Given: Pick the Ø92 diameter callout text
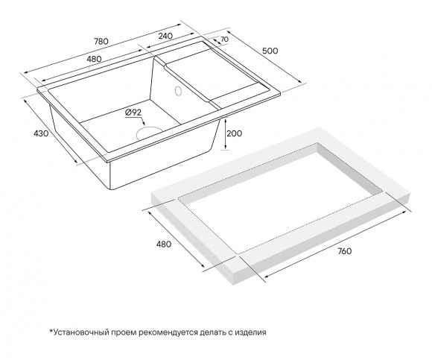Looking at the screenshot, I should (x=134, y=112).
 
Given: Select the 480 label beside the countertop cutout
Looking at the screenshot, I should (x=164, y=244).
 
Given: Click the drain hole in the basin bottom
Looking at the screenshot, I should (x=150, y=132).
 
